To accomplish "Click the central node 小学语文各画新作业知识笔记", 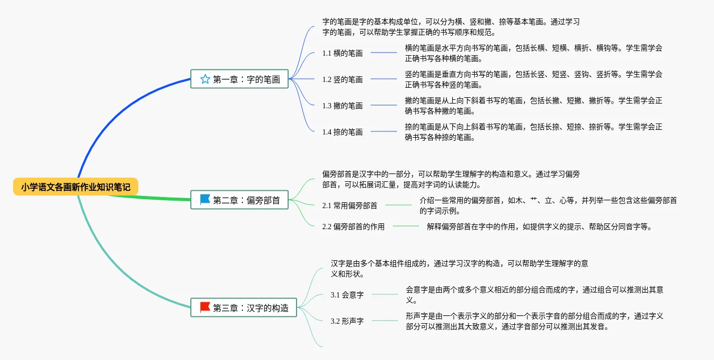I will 76,187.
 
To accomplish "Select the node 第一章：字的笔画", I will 240,79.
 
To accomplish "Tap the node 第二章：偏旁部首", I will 240,200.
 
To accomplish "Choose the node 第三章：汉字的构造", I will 244,308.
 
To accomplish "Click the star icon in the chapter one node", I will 205,79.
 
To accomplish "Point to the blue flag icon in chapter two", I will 205,200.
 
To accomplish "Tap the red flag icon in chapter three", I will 205,307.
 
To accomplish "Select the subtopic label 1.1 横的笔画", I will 342,53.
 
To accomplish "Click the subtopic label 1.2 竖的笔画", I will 342,79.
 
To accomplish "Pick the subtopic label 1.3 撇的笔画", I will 342,106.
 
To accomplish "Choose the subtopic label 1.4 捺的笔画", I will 342,132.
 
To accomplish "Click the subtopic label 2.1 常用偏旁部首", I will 350,205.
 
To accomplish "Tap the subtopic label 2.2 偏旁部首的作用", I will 353,227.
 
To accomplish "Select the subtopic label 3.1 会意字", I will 347,295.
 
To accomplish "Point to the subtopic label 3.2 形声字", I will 347,321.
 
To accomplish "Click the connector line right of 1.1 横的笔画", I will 384,53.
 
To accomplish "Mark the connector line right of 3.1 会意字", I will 385,294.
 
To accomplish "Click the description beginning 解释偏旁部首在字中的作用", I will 539,227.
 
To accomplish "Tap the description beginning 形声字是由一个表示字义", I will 534,321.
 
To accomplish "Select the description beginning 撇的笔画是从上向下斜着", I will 533,106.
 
